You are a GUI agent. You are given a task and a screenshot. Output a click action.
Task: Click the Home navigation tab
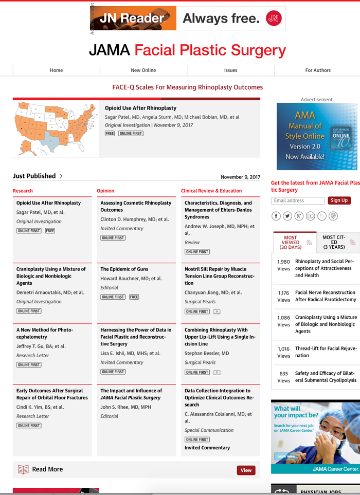click(x=56, y=70)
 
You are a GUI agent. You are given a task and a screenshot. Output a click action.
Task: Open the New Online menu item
click(x=143, y=70)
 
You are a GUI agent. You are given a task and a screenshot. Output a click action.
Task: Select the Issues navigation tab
click(x=230, y=70)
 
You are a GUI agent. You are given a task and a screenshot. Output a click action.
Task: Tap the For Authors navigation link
click(x=318, y=70)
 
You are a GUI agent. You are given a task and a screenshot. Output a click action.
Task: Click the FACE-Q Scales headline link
click(x=187, y=87)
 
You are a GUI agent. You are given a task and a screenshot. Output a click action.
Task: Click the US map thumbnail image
click(x=56, y=129)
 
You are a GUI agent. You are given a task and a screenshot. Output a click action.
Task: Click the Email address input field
click(x=298, y=200)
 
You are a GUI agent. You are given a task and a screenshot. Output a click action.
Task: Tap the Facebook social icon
click(x=276, y=216)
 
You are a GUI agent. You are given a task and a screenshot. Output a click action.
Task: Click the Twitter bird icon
click(x=287, y=216)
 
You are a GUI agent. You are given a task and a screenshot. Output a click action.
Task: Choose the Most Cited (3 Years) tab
click(x=334, y=243)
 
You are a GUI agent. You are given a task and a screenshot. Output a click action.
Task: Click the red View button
click(x=246, y=470)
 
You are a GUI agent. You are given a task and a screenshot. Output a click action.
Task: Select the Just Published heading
click(x=34, y=176)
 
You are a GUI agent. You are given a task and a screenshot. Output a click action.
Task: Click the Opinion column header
click(x=105, y=191)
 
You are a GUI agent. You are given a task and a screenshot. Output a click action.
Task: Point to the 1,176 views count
click(x=283, y=296)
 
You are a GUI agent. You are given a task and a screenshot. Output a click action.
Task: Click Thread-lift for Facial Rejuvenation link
click(x=326, y=352)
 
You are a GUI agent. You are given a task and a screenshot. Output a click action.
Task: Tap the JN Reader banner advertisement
click(x=187, y=19)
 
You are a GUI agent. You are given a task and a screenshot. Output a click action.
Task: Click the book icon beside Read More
click(x=23, y=469)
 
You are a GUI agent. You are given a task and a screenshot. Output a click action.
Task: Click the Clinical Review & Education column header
click(x=211, y=191)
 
